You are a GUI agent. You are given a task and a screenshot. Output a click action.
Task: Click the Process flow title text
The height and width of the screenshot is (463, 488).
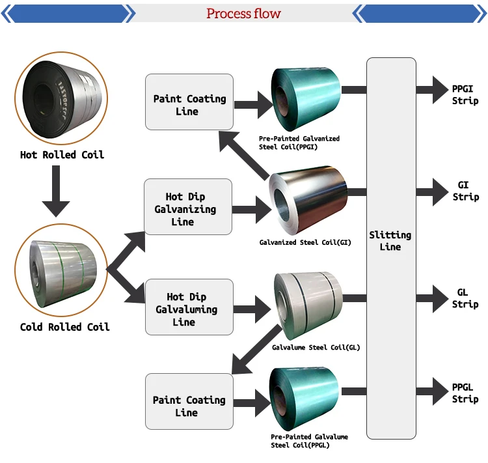[243, 14]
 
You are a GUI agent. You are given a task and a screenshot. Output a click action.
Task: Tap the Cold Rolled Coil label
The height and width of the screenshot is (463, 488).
[64, 326]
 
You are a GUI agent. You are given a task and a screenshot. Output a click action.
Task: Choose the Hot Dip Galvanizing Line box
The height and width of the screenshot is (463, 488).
[188, 207]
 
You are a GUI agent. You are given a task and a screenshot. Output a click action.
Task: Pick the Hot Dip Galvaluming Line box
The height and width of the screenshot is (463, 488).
[188, 307]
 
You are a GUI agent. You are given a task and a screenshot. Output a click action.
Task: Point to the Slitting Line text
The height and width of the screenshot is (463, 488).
[390, 241]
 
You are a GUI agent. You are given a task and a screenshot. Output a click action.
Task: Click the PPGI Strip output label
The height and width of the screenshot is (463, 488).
[465, 94]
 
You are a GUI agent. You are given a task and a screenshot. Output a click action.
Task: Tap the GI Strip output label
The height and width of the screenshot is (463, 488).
[465, 191]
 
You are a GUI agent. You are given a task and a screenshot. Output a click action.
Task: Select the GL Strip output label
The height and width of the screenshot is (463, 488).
[465, 298]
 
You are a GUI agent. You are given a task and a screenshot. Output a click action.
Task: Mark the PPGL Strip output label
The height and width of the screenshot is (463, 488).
[465, 393]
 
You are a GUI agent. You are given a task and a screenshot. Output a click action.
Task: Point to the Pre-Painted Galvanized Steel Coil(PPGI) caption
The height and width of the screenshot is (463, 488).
[299, 143]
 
